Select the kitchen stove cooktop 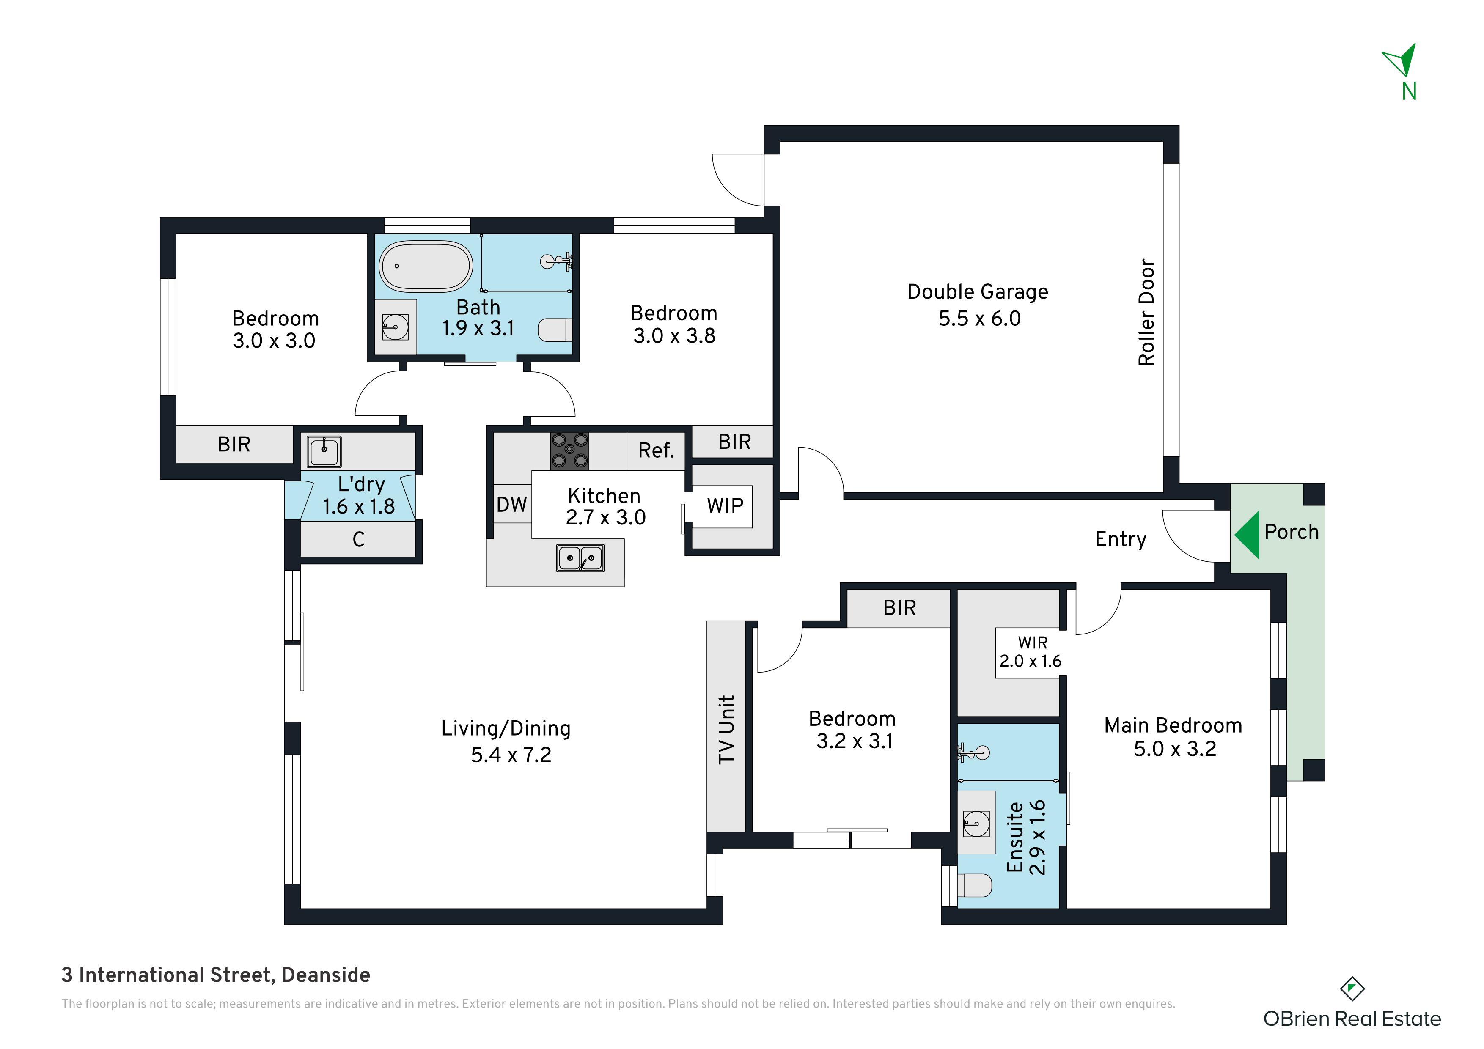[x=569, y=450]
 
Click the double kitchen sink [x=580, y=558]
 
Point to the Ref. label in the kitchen [x=656, y=450]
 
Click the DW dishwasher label [x=511, y=505]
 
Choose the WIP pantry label [x=725, y=505]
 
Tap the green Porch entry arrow [x=1247, y=535]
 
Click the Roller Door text [x=1146, y=313]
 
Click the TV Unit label [x=727, y=730]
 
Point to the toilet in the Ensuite [x=974, y=885]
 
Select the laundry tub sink [x=324, y=451]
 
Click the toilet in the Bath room [x=555, y=330]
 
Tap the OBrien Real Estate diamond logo [x=1352, y=989]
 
